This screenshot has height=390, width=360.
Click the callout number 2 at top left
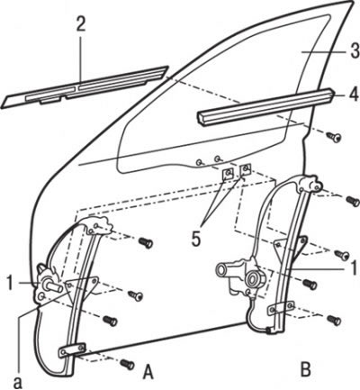coord(80,24)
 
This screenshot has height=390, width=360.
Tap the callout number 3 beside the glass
coord(355,50)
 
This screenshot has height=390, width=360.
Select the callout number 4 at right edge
coord(354,94)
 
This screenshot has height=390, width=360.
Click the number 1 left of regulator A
coord(11,283)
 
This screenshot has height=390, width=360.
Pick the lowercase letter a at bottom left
coord(18,382)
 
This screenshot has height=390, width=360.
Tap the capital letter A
coord(148,372)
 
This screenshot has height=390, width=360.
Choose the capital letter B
coord(306,369)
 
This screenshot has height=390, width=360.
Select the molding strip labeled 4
coord(265,105)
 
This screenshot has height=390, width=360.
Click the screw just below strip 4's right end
coord(335,137)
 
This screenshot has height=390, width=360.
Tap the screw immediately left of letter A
coord(127,364)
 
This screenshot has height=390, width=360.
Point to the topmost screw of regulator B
coord(353,201)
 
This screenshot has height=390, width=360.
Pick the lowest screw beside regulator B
coord(334,320)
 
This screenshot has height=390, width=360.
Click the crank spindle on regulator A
coord(53,286)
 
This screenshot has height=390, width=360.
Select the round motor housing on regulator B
coord(255,278)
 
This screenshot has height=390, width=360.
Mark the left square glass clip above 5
coord(228,173)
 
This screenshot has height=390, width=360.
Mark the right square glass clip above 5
coord(246,169)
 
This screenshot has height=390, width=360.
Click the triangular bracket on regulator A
coord(81,287)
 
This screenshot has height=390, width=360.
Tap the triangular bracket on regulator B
coord(291,247)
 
